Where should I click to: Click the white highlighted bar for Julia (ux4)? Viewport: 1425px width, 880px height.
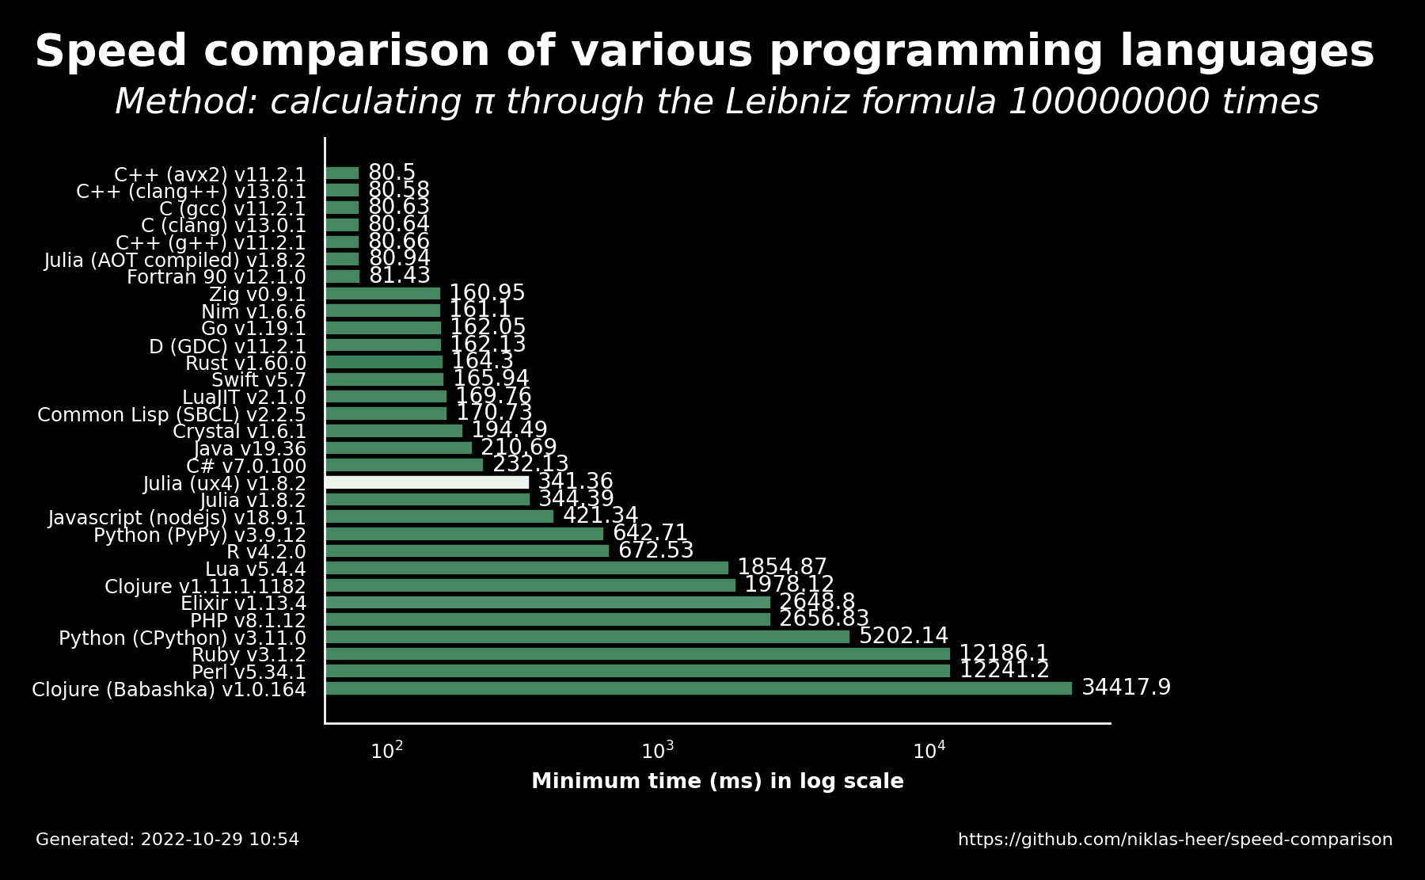click(427, 482)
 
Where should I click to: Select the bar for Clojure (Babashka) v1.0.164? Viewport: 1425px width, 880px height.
click(699, 688)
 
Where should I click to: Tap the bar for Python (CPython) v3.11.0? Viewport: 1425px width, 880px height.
click(587, 637)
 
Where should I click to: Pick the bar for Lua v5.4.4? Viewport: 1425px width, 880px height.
click(527, 568)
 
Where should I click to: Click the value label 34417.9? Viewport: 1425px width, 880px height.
click(1126, 688)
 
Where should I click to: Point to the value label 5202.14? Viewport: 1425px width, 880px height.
click(903, 636)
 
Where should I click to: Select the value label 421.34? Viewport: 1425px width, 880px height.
click(600, 516)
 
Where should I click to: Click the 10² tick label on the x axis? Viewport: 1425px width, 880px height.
click(387, 750)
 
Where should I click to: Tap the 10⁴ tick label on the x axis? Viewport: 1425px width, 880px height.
click(929, 750)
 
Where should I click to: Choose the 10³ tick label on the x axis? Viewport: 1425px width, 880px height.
click(658, 750)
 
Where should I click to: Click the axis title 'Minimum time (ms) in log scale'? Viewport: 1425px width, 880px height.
click(717, 782)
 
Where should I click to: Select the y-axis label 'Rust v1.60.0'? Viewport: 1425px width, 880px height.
click(245, 364)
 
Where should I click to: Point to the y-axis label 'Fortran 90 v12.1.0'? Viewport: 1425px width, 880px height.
click(216, 277)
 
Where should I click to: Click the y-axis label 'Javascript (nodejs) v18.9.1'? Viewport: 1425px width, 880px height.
click(177, 518)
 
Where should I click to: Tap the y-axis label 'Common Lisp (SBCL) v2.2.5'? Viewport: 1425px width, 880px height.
click(172, 415)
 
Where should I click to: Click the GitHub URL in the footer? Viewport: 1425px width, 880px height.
click(1175, 840)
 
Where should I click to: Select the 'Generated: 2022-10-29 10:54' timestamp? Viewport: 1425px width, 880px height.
click(168, 840)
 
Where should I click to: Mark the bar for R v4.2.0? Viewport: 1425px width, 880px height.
click(467, 550)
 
